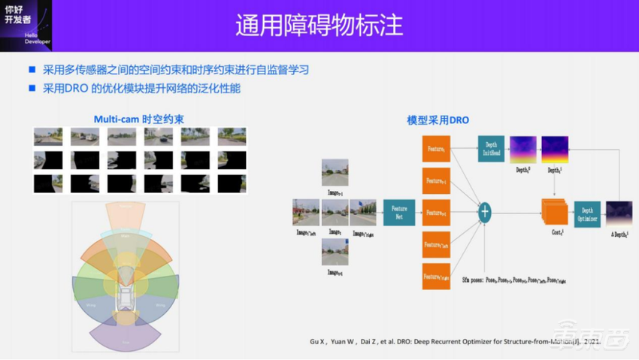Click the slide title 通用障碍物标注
(319, 25)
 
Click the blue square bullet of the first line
(32, 70)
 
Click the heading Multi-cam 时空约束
(140, 119)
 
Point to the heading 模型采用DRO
(438, 119)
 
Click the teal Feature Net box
(398, 213)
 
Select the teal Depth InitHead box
(490, 150)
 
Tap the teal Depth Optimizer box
(586, 214)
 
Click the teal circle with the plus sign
(485, 213)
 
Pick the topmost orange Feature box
(436, 149)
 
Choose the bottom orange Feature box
(436, 276)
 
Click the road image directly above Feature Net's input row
(335, 173)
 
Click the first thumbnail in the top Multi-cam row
(48, 137)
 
